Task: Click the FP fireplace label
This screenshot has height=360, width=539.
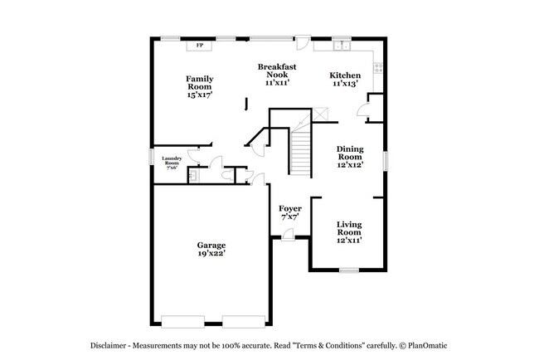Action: (x=200, y=46)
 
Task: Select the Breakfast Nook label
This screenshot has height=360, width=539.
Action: (x=277, y=71)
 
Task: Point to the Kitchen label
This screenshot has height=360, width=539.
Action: (x=346, y=74)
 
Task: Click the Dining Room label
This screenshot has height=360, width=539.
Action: (x=349, y=153)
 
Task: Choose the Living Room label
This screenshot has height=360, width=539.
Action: (x=349, y=228)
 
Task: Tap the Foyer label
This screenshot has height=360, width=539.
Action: (x=289, y=208)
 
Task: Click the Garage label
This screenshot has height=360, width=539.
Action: (x=211, y=245)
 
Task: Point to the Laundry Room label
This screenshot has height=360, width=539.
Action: (x=172, y=160)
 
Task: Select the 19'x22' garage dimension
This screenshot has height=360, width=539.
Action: (x=211, y=254)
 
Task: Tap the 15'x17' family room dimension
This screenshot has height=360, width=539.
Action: (x=199, y=95)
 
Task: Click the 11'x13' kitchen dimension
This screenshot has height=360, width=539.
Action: (x=346, y=83)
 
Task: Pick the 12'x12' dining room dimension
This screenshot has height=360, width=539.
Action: (x=349, y=166)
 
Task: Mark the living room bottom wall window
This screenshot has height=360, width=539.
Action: (x=349, y=270)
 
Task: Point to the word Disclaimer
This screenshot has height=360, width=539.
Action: (x=109, y=345)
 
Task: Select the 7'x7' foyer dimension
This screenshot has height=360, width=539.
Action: (x=289, y=217)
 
